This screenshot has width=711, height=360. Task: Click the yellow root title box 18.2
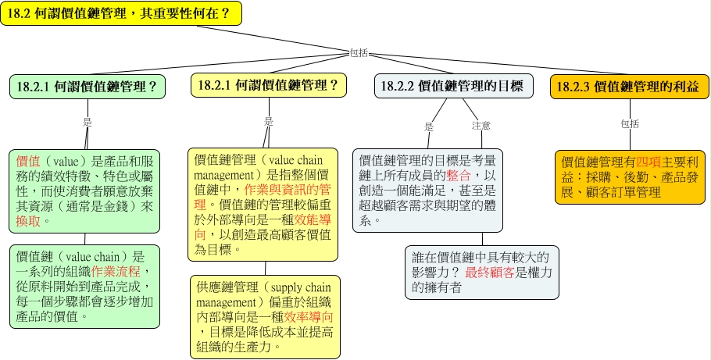pyautogui.click(x=121, y=13)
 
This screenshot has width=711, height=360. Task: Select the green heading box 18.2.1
pyautogui.click(x=88, y=87)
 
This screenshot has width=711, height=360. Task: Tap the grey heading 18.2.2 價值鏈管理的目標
pyautogui.click(x=453, y=86)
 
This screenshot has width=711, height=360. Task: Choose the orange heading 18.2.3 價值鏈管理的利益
pyautogui.click(x=630, y=87)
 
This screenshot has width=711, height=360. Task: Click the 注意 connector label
pyautogui.click(x=481, y=126)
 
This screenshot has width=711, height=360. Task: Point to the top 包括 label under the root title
pyautogui.click(x=359, y=53)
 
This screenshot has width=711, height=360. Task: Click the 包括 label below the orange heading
pyautogui.click(x=630, y=124)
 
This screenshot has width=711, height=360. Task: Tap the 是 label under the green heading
pyautogui.click(x=88, y=122)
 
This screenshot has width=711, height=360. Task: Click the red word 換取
pyautogui.click(x=28, y=221)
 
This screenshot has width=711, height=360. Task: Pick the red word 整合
pyautogui.click(x=459, y=176)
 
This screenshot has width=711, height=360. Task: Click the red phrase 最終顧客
pyautogui.click(x=490, y=273)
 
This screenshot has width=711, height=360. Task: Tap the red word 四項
pyautogui.click(x=648, y=162)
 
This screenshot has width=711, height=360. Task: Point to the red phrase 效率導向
pyautogui.click(x=309, y=317)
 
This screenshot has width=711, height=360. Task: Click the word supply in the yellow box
pyautogui.click(x=285, y=287)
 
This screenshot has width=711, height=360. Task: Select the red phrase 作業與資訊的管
pyautogui.click(x=288, y=190)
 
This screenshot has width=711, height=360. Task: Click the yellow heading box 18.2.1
pyautogui.click(x=269, y=85)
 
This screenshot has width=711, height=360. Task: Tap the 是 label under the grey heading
pyautogui.click(x=429, y=127)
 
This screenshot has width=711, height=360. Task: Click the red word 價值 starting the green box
pyautogui.click(x=28, y=162)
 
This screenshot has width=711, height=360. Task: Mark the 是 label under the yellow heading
pyautogui.click(x=269, y=122)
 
